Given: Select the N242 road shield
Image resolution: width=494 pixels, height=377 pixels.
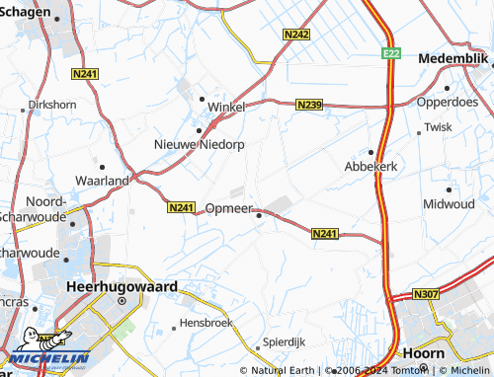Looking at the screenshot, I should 295,35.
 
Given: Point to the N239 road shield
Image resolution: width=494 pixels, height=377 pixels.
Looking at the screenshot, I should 309,104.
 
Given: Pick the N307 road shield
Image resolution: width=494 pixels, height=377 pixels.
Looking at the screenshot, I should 426,294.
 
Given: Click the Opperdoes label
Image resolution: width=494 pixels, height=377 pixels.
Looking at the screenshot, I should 447,102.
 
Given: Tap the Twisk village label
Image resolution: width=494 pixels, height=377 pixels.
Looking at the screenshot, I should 437,127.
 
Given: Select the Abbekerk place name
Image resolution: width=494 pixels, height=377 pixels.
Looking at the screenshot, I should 370,167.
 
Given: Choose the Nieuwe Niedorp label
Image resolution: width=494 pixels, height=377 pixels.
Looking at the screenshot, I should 199,144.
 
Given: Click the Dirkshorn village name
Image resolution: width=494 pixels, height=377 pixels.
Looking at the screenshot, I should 52,104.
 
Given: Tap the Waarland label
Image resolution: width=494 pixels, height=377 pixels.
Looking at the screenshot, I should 103,182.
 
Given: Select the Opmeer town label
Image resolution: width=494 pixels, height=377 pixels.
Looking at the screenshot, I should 229,209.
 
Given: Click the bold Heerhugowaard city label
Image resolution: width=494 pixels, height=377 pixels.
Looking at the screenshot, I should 122,286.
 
